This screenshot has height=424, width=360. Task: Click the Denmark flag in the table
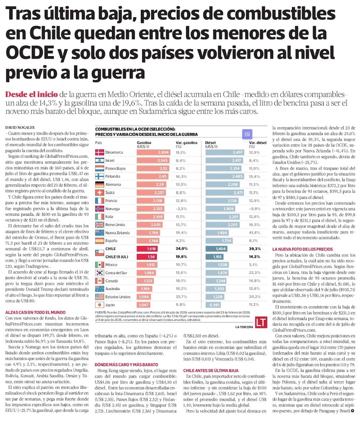tap(99, 152)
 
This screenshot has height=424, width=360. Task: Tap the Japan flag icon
tap(99, 305)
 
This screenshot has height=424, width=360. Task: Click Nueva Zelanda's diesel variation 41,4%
tap(255, 233)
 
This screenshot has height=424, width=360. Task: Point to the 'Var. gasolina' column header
tap(186, 144)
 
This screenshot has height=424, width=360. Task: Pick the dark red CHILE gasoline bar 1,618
tap(147, 249)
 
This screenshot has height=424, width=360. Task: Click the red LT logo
tap(261, 322)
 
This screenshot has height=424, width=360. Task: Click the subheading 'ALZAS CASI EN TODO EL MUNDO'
tap(35, 312)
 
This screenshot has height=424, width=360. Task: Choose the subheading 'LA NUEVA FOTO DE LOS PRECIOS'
tap(303, 249)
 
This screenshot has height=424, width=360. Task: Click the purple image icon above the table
tap(247, 134)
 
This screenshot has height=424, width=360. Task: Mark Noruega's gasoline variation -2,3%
tap(181, 209)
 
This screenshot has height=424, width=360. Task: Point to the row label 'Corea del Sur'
tap(116, 273)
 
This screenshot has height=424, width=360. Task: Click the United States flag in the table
tap(99, 297)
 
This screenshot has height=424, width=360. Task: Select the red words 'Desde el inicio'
tap(32, 94)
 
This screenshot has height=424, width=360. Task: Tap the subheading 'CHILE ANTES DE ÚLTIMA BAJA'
tap(211, 370)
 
